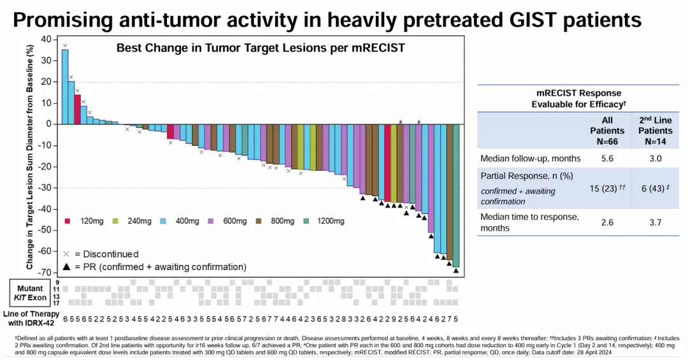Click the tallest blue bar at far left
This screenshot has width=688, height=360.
(x=64, y=87)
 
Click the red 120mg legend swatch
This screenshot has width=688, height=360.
(x=68, y=221)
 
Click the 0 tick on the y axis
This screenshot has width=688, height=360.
(x=48, y=124)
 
